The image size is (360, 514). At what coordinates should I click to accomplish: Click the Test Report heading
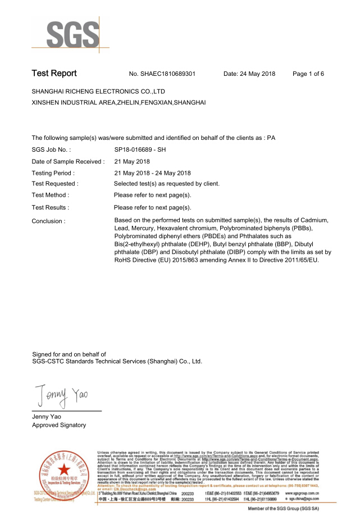click(54, 74)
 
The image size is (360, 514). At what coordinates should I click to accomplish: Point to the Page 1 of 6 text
click(308, 74)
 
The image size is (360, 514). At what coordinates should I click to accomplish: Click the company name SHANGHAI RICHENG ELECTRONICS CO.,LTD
click(98, 91)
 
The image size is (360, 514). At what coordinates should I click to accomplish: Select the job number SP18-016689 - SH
click(140, 150)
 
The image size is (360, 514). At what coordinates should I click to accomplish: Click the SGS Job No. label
click(51, 150)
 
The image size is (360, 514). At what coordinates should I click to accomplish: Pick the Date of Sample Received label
click(68, 162)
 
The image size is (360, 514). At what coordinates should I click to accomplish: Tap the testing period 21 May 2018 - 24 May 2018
click(152, 173)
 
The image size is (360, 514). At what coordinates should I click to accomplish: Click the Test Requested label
click(55, 184)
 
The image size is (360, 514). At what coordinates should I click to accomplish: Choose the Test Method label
click(51, 195)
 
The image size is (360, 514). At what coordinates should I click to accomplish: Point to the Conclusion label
click(48, 221)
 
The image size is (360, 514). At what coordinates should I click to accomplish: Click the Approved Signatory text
click(59, 425)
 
